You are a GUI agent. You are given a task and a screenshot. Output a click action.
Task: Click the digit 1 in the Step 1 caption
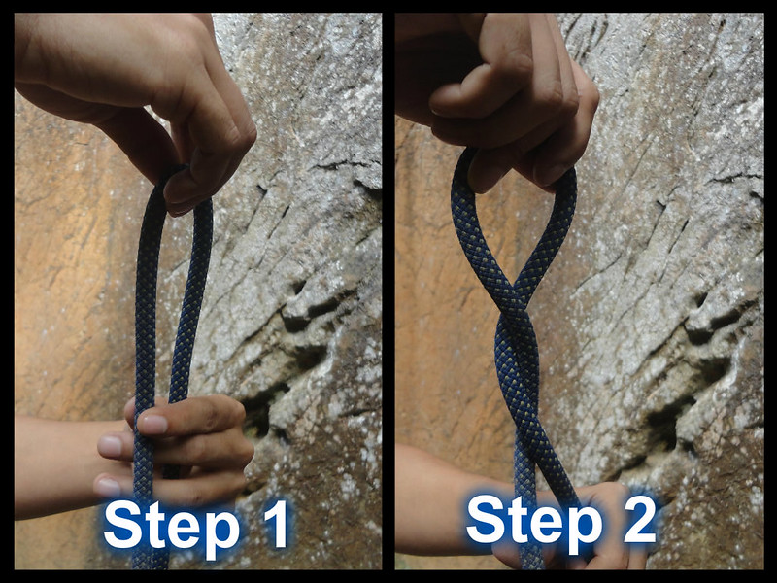[276, 524]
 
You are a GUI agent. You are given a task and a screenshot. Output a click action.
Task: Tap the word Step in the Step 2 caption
[534, 525]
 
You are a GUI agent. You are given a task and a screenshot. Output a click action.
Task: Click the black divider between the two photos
[388, 291]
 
